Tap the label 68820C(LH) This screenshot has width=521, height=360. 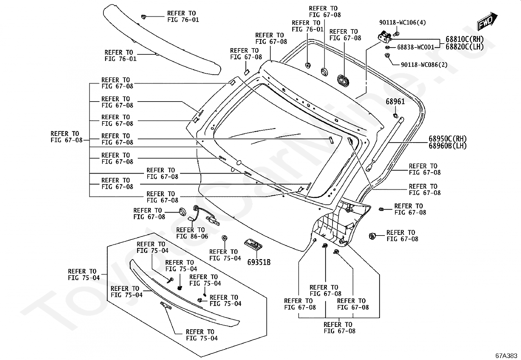464,47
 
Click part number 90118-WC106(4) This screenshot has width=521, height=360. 403,23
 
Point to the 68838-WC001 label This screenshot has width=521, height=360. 416,47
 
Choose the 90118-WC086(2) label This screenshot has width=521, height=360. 424,65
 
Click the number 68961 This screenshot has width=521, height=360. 395,102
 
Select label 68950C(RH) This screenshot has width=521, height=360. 448,139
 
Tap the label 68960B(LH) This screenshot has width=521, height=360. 448,146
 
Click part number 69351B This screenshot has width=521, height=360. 259,262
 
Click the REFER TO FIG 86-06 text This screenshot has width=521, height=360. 192,233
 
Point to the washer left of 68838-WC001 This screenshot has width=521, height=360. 387,47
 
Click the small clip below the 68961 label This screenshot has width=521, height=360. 395,115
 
